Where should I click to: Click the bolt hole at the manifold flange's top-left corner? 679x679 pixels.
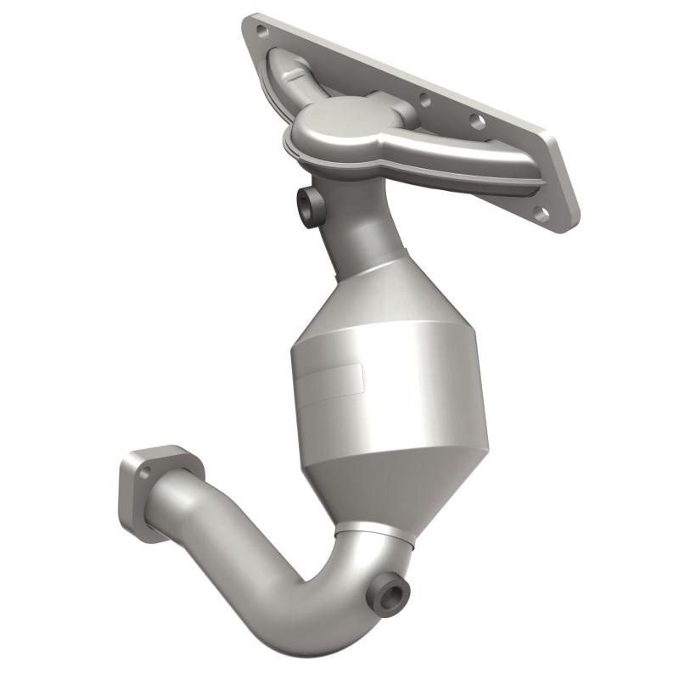pyautogui.click(x=262, y=31)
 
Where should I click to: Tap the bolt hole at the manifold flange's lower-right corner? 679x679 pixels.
pyautogui.click(x=541, y=213)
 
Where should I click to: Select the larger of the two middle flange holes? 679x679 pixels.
pyautogui.click(x=477, y=122)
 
